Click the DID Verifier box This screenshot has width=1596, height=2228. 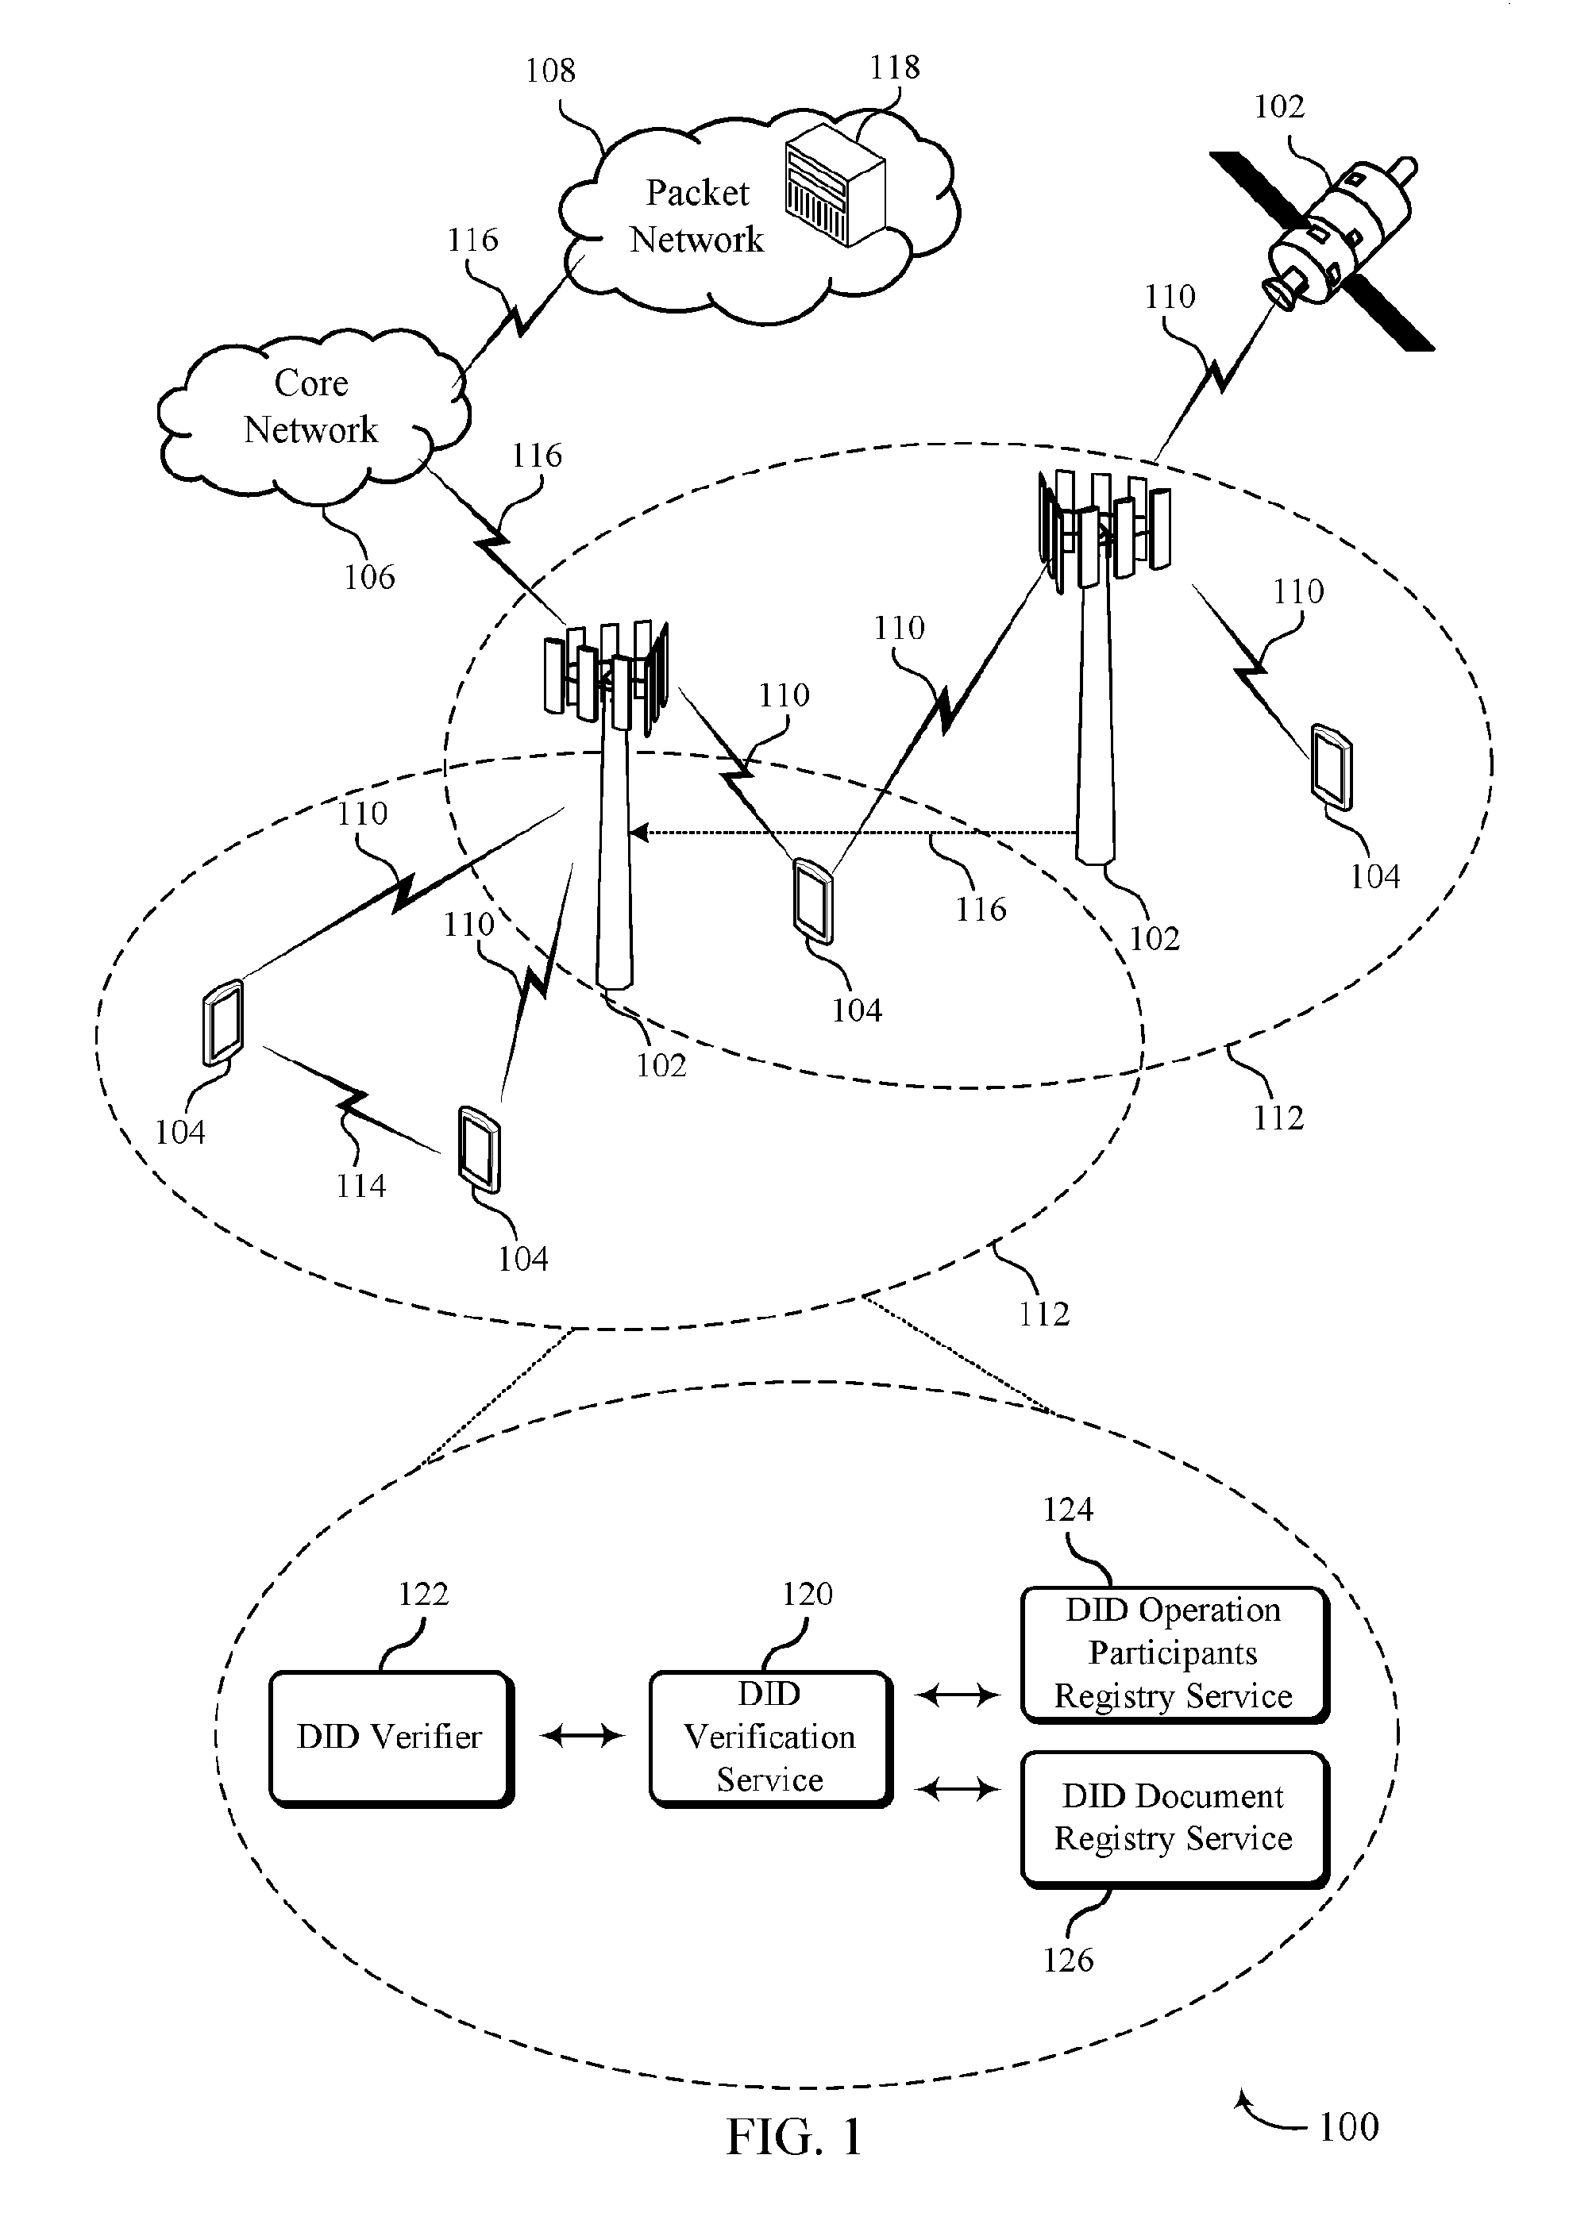(x=391, y=1737)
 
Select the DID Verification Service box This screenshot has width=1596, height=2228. (x=770, y=1737)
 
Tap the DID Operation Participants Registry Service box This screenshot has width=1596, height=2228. (x=1174, y=1654)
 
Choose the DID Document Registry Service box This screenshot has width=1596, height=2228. (x=1174, y=1818)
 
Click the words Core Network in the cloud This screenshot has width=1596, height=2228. (x=310, y=406)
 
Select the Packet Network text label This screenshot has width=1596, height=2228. (x=697, y=215)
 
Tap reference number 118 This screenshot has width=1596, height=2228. (x=894, y=67)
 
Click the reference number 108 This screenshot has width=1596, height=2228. (x=549, y=70)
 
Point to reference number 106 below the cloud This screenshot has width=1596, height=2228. (x=369, y=577)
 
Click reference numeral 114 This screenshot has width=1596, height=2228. (x=360, y=1186)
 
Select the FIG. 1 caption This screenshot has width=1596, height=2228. (x=794, y=2137)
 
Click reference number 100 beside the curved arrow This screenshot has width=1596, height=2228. (x=1348, y=2127)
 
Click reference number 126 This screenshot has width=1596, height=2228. (x=1068, y=1961)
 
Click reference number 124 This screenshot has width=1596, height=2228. (x=1068, y=1509)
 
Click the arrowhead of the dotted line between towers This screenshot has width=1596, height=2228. (x=637, y=833)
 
